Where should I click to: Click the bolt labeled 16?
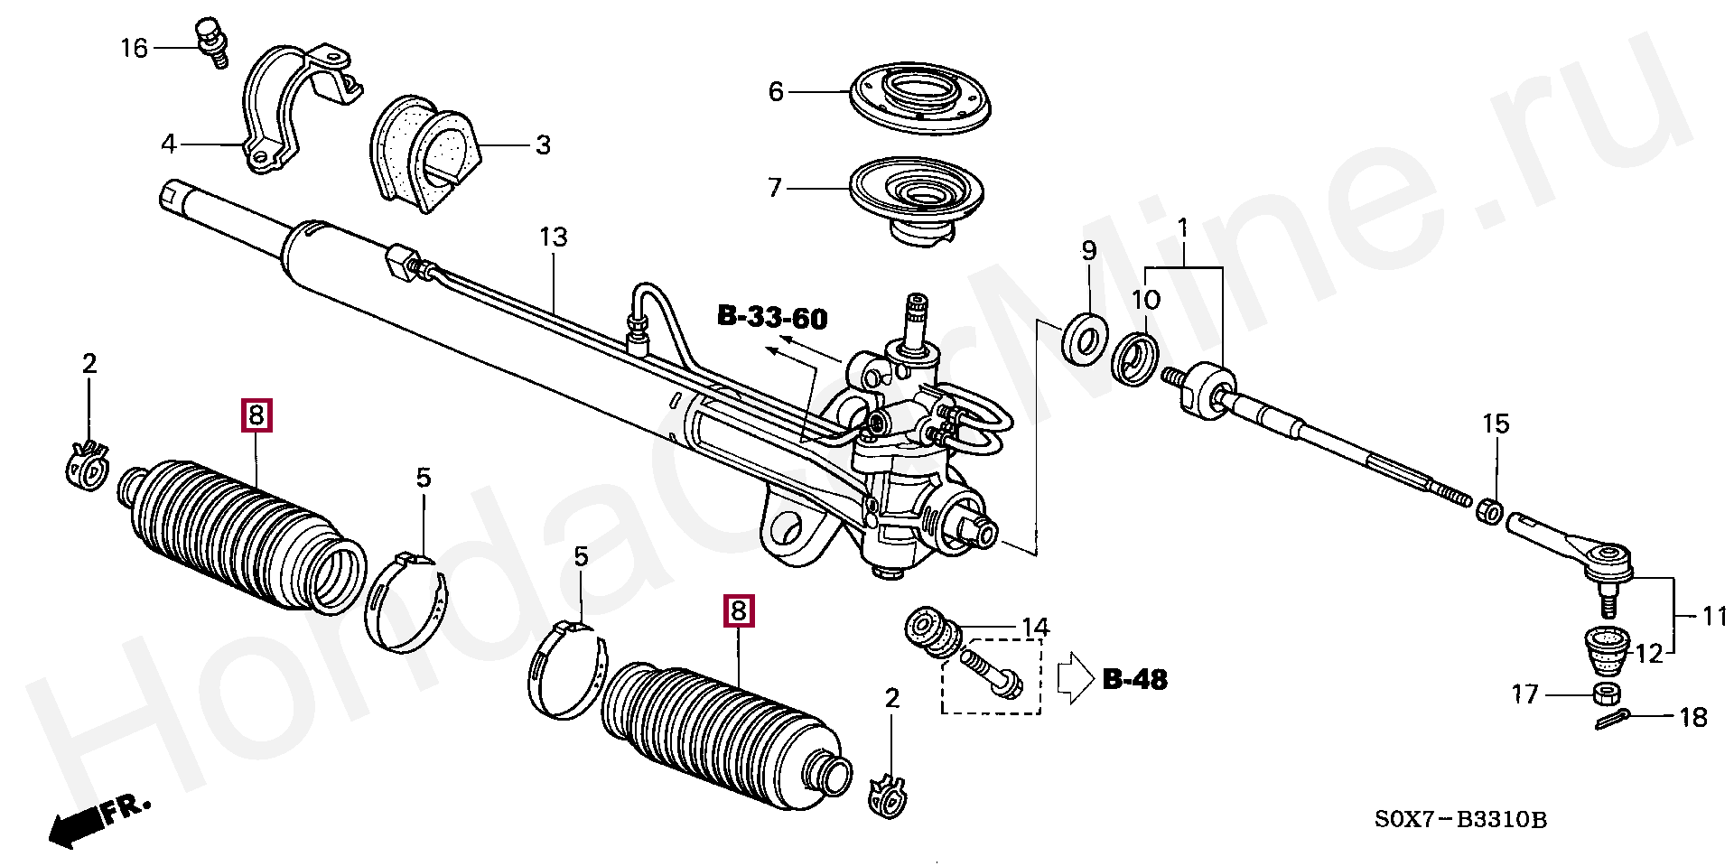212,42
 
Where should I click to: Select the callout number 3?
543,145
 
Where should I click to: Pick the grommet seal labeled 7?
918,199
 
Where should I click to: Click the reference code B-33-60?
772,318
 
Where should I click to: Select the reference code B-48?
1134,679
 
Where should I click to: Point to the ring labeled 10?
1137,359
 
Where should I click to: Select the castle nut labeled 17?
1606,694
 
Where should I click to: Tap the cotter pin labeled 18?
1612,720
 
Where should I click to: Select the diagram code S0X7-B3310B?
1460,820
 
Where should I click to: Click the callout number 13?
554,237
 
